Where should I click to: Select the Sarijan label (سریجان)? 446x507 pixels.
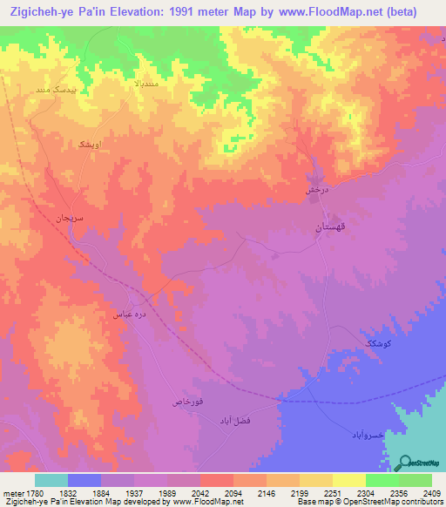pos(64,217)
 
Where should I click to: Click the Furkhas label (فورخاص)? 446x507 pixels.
pos(188,402)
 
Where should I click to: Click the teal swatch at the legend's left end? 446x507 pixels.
pos(51,481)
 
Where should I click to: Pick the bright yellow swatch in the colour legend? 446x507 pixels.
pos(348,481)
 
